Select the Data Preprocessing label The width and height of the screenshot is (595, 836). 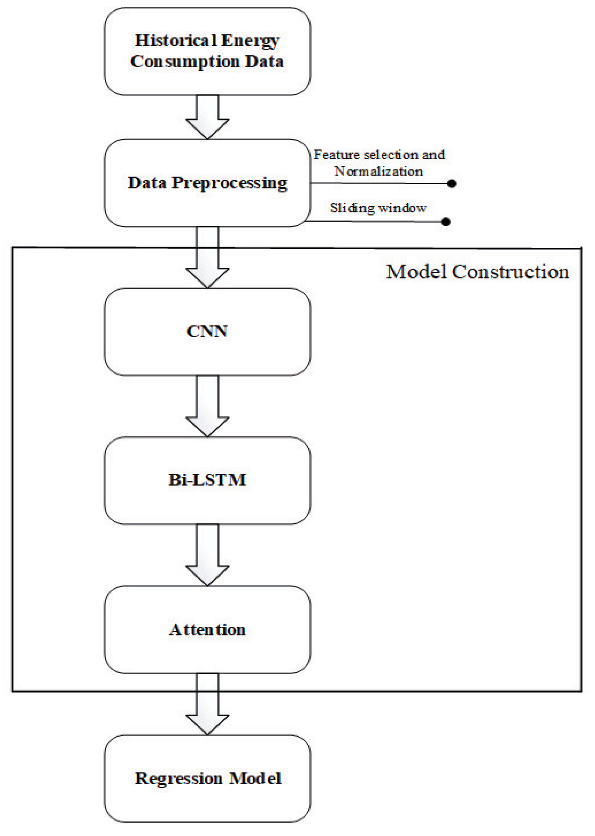(x=207, y=183)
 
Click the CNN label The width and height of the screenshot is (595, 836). (x=207, y=331)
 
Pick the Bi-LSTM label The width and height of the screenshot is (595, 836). (x=207, y=480)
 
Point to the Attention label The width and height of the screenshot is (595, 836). (x=207, y=630)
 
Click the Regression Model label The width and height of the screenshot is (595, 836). (x=208, y=778)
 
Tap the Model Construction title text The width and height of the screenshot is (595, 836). (x=477, y=272)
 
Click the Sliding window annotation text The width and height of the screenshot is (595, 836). (x=378, y=208)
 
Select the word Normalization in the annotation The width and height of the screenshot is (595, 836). (x=378, y=171)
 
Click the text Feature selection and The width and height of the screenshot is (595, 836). (x=379, y=155)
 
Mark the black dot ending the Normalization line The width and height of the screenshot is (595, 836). (x=452, y=184)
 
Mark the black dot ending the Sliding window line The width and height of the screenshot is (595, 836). (x=446, y=222)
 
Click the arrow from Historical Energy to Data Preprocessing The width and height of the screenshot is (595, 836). (x=207, y=117)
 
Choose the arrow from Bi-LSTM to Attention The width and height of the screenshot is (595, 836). (x=207, y=555)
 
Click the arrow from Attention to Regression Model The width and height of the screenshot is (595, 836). (x=207, y=704)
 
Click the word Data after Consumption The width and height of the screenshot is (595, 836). (x=264, y=62)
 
